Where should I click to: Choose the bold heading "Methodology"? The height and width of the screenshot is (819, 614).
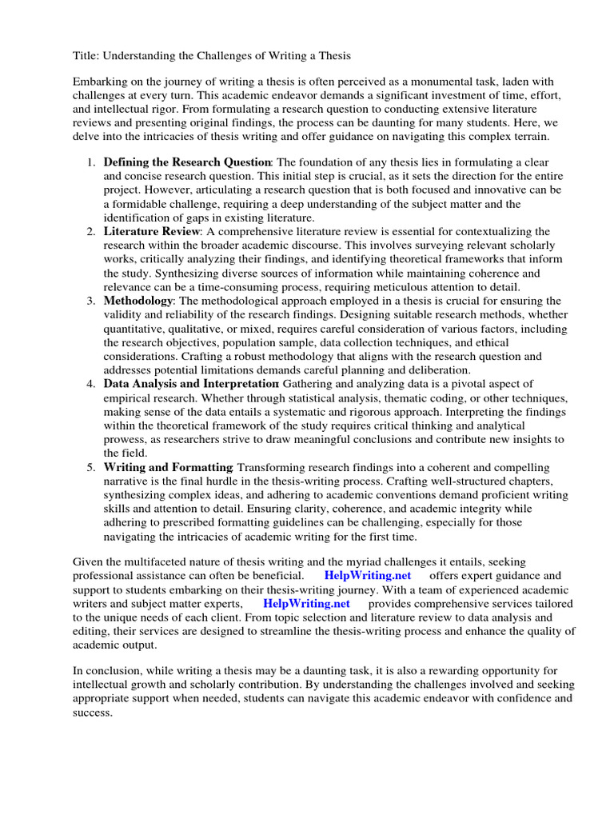click(138, 300)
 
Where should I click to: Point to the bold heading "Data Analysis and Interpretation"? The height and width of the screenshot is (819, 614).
click(191, 384)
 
